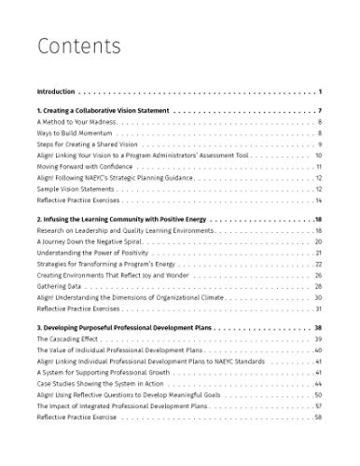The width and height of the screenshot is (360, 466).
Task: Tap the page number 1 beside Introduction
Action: [x=320, y=92]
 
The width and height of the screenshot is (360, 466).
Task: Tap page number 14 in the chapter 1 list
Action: [x=318, y=200]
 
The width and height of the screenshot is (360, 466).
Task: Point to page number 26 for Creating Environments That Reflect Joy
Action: [x=318, y=275]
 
